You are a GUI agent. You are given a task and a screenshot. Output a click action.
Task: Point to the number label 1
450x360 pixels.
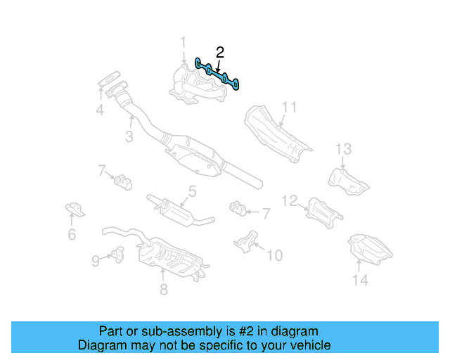pyautogui.click(x=184, y=42)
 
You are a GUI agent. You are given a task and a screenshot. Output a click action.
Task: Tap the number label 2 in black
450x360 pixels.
pyautogui.click(x=220, y=52)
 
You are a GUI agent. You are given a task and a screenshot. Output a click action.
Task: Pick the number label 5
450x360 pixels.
pyautogui.click(x=191, y=192)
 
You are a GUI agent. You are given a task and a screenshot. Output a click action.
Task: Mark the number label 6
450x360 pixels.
pyautogui.click(x=72, y=235)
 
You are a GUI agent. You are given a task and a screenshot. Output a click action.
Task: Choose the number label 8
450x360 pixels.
pyautogui.click(x=163, y=289)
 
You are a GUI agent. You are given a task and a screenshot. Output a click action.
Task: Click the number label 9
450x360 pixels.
pyautogui.click(x=96, y=261)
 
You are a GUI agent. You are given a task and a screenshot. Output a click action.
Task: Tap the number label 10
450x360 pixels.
pyautogui.click(x=274, y=255)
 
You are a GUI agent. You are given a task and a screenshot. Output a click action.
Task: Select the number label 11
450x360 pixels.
pyautogui.click(x=290, y=108)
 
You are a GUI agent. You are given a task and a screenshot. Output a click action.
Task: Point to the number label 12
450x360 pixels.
pyautogui.click(x=290, y=201)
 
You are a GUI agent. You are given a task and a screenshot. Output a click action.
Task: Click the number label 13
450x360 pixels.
pyautogui.click(x=342, y=148)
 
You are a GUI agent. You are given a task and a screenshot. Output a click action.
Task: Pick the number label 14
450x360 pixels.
pyautogui.click(x=360, y=281)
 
